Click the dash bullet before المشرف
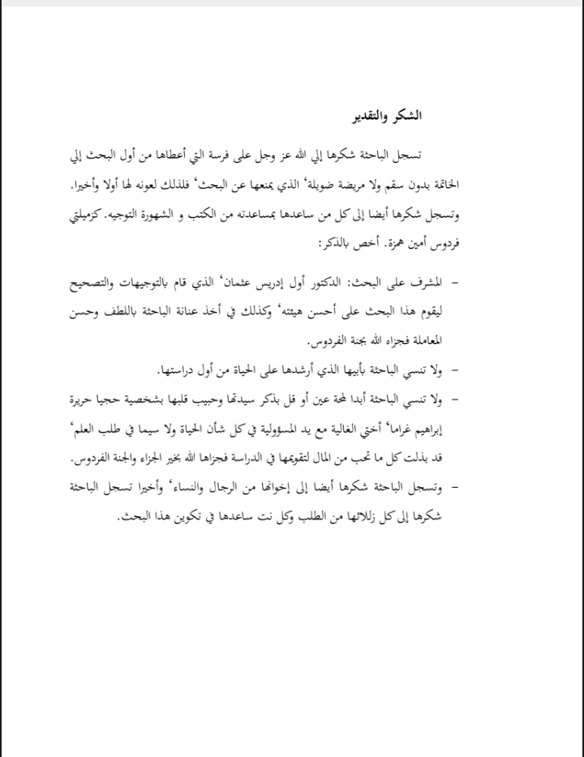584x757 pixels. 453,281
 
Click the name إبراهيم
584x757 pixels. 423,428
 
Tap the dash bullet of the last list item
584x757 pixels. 453,487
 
